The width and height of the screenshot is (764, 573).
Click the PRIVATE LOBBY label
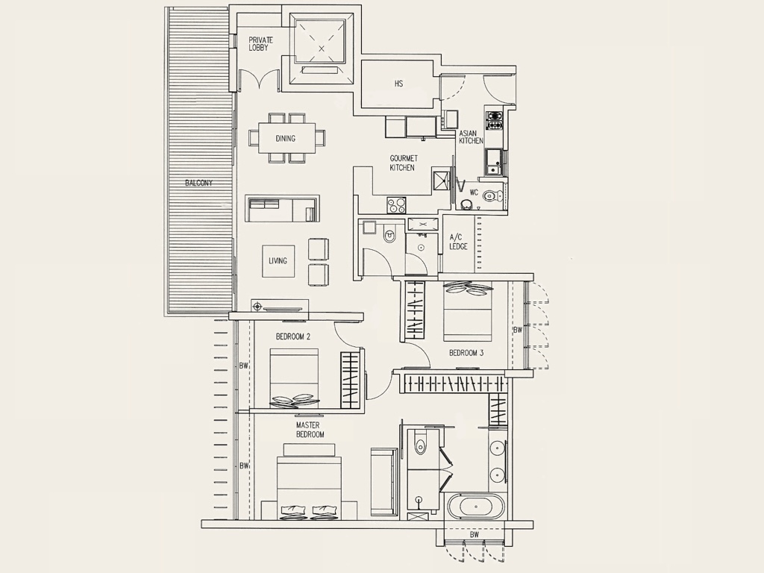click(261, 43)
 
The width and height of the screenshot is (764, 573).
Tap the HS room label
click(399, 84)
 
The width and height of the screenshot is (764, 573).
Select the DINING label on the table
click(285, 138)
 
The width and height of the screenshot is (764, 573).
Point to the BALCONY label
click(199, 183)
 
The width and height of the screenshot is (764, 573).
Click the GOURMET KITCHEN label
click(403, 163)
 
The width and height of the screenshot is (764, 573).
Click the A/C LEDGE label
click(458, 242)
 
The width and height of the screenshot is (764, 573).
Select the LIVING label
click(278, 260)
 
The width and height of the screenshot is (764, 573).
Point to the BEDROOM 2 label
click(292, 336)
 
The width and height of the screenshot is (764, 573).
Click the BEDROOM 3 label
click(466, 353)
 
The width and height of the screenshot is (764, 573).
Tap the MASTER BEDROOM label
click(310, 430)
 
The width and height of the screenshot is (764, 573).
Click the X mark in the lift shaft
click(322, 48)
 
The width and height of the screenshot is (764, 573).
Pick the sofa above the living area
click(282, 208)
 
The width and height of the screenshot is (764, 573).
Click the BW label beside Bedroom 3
click(517, 330)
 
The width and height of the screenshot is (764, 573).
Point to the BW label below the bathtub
click(475, 535)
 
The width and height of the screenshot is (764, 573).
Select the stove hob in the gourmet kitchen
click(396, 204)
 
